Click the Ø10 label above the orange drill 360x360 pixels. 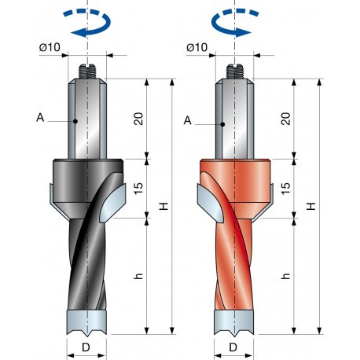(x=197, y=49)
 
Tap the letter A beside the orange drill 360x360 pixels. (x=188, y=119)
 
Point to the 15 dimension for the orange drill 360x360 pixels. (x=286, y=189)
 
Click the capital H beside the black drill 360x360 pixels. (x=163, y=206)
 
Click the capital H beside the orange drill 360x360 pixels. (x=312, y=206)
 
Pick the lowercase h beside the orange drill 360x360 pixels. (x=286, y=277)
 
